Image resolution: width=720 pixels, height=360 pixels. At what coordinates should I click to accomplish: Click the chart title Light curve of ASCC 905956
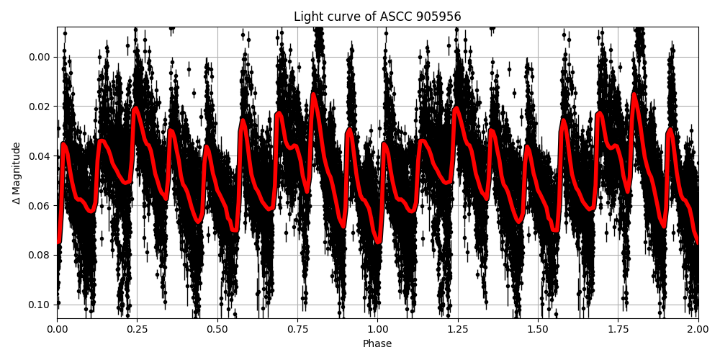tap(377, 17)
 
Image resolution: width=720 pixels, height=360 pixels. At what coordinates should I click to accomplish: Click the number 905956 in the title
tap(438, 17)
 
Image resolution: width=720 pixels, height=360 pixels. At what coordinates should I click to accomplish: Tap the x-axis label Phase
tap(377, 344)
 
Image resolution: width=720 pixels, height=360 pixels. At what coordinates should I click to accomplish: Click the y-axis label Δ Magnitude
tap(17, 173)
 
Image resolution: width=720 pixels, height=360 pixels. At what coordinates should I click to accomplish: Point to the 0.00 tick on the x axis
tap(57, 328)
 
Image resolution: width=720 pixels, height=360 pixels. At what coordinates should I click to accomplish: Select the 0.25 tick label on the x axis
tap(137, 328)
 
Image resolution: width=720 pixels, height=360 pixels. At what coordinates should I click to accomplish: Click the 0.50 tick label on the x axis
tap(217, 328)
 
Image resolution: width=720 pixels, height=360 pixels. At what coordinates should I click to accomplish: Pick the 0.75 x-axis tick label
tap(297, 328)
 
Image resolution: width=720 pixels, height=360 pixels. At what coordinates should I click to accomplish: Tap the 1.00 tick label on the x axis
tap(377, 328)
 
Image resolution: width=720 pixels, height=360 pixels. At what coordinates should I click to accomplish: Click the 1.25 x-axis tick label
tap(458, 328)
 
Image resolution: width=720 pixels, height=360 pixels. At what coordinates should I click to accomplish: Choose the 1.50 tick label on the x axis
tap(538, 328)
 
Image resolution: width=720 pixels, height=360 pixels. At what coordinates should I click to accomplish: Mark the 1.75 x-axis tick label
tap(618, 328)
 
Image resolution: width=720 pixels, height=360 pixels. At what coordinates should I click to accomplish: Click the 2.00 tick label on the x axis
tap(698, 328)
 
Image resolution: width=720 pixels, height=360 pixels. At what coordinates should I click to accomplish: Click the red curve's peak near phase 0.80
tap(314, 94)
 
